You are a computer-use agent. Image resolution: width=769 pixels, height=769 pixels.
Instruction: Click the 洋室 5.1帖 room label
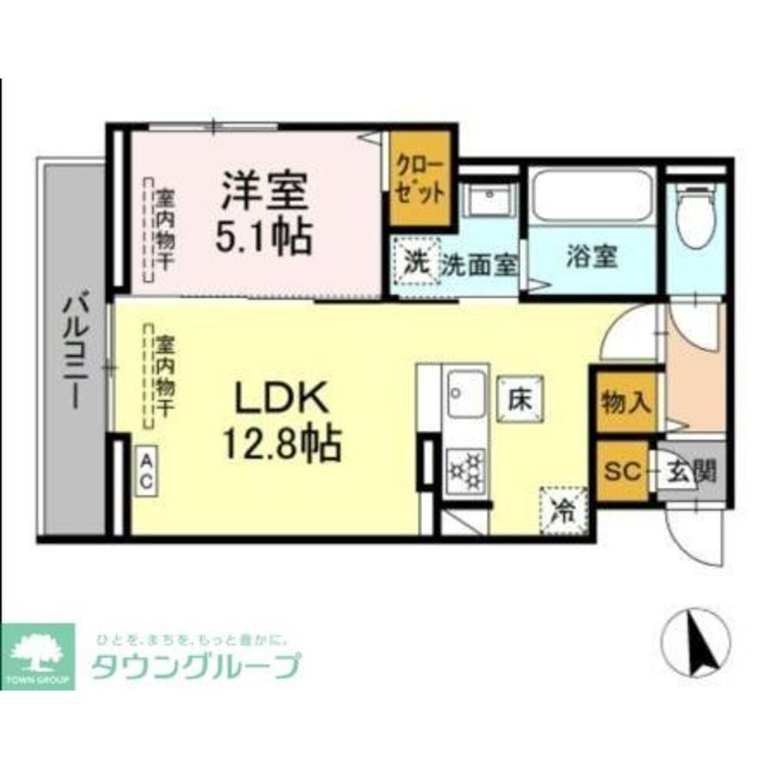(x=265, y=213)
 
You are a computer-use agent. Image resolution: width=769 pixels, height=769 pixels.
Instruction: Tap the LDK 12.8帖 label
(x=281, y=420)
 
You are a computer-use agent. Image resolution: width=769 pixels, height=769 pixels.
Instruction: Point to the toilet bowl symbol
(x=697, y=219)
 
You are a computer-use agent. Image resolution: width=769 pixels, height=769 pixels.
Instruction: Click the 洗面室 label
(x=478, y=265)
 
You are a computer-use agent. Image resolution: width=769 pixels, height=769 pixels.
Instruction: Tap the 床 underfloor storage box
(x=520, y=398)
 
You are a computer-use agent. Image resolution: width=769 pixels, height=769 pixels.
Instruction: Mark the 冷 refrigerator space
(x=564, y=509)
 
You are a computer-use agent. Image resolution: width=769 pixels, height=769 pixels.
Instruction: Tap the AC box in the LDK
(x=146, y=473)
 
